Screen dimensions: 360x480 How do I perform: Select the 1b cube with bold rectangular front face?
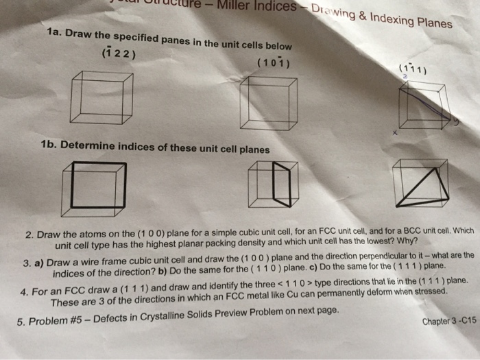click(93, 187)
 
